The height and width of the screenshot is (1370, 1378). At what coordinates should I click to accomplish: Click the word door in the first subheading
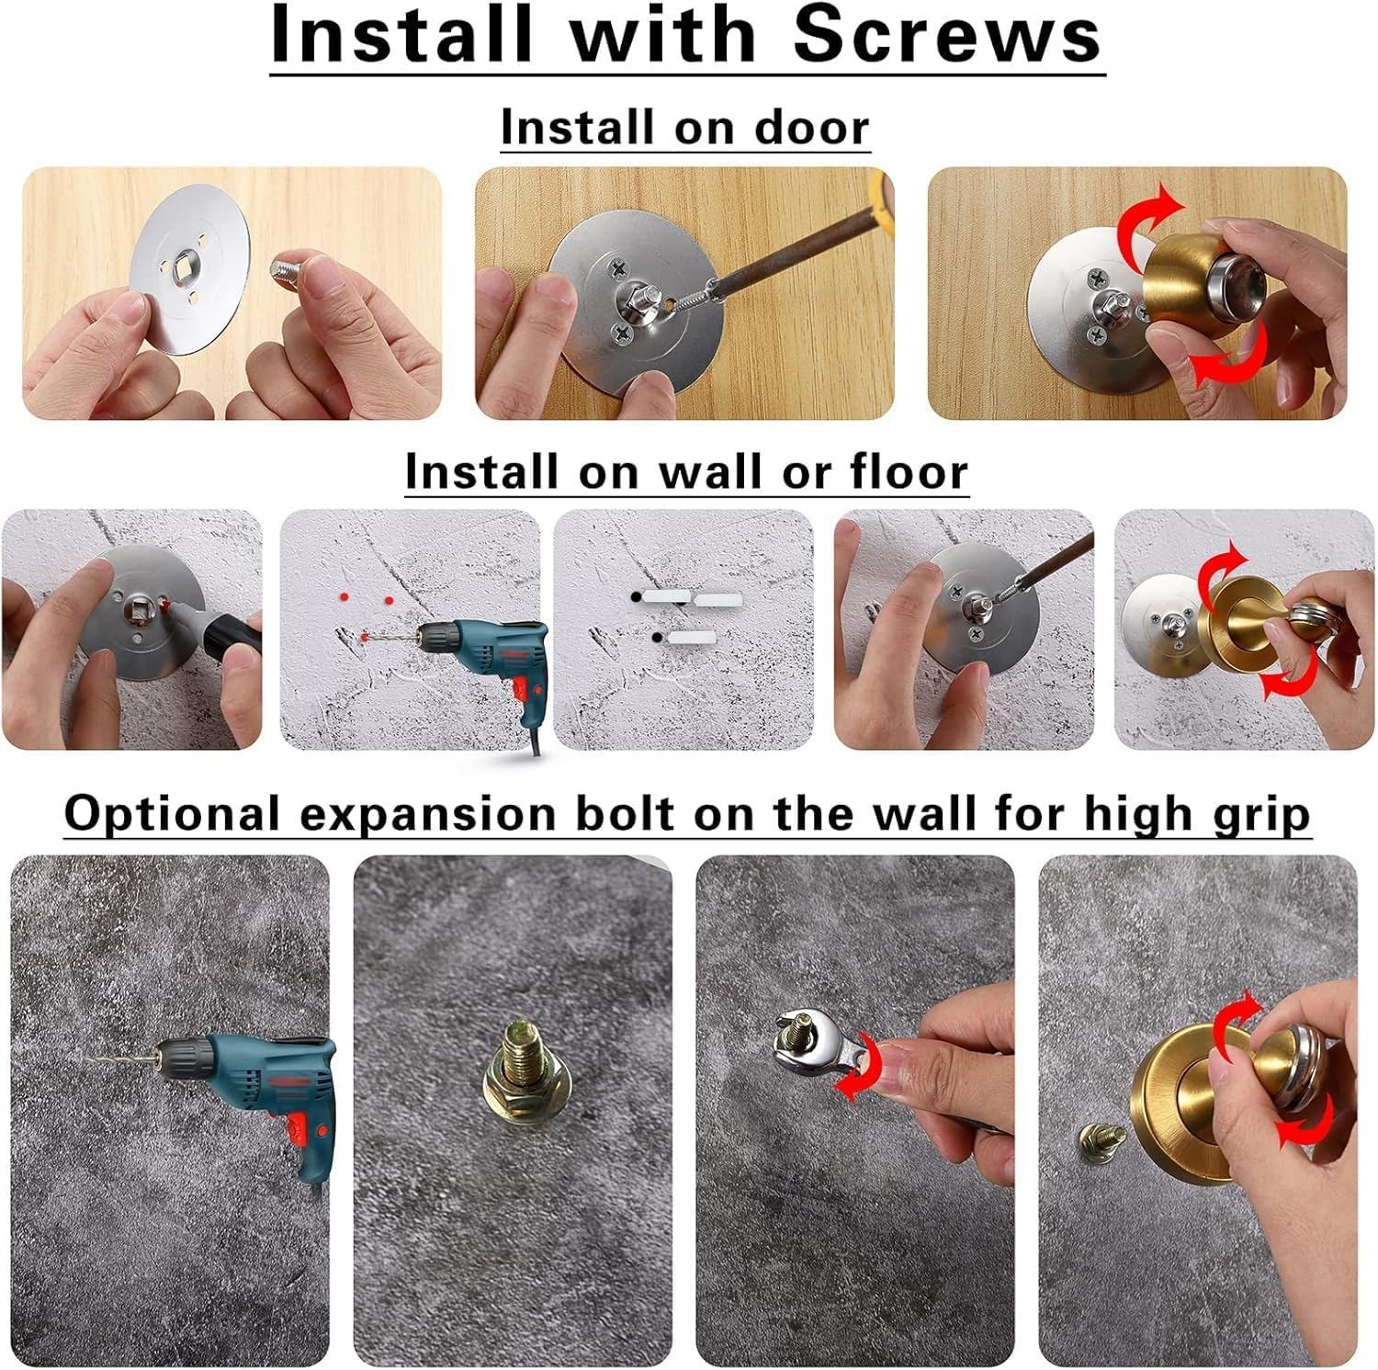(x=811, y=128)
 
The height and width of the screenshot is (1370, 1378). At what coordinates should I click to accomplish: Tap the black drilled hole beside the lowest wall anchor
(x=656, y=637)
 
